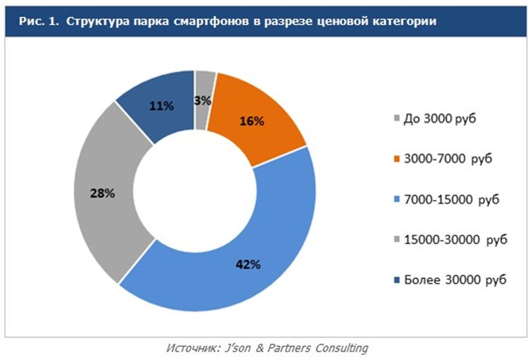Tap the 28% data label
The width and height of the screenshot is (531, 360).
[x=102, y=192]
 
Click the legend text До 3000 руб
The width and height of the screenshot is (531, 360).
[x=440, y=120]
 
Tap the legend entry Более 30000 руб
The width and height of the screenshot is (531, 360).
[x=449, y=280]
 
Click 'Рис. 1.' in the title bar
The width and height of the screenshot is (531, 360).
[x=38, y=21]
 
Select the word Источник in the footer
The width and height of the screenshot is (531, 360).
[x=189, y=348]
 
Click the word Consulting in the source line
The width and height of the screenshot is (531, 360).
[x=340, y=348]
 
